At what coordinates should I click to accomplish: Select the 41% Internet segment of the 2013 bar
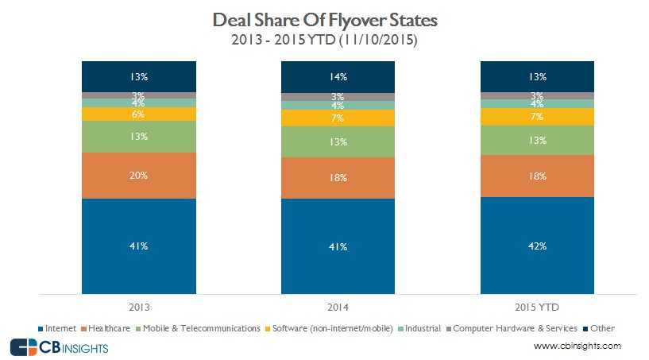click(x=139, y=246)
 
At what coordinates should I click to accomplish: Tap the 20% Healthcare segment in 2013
click(x=139, y=176)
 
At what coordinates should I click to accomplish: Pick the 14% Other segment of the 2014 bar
click(x=338, y=76)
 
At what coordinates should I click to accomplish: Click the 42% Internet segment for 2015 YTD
click(x=537, y=246)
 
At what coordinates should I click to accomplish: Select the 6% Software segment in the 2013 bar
click(x=139, y=114)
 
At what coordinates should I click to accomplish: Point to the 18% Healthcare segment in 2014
click(x=338, y=178)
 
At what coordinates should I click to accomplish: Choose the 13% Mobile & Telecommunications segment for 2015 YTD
click(x=537, y=141)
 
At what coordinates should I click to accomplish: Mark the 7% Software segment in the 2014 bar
click(x=338, y=118)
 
